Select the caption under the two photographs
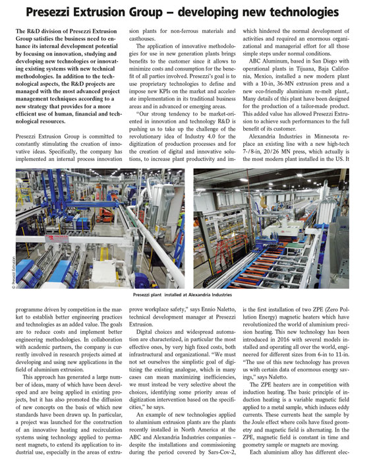pos(186,296)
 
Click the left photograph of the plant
pos(99,226)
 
